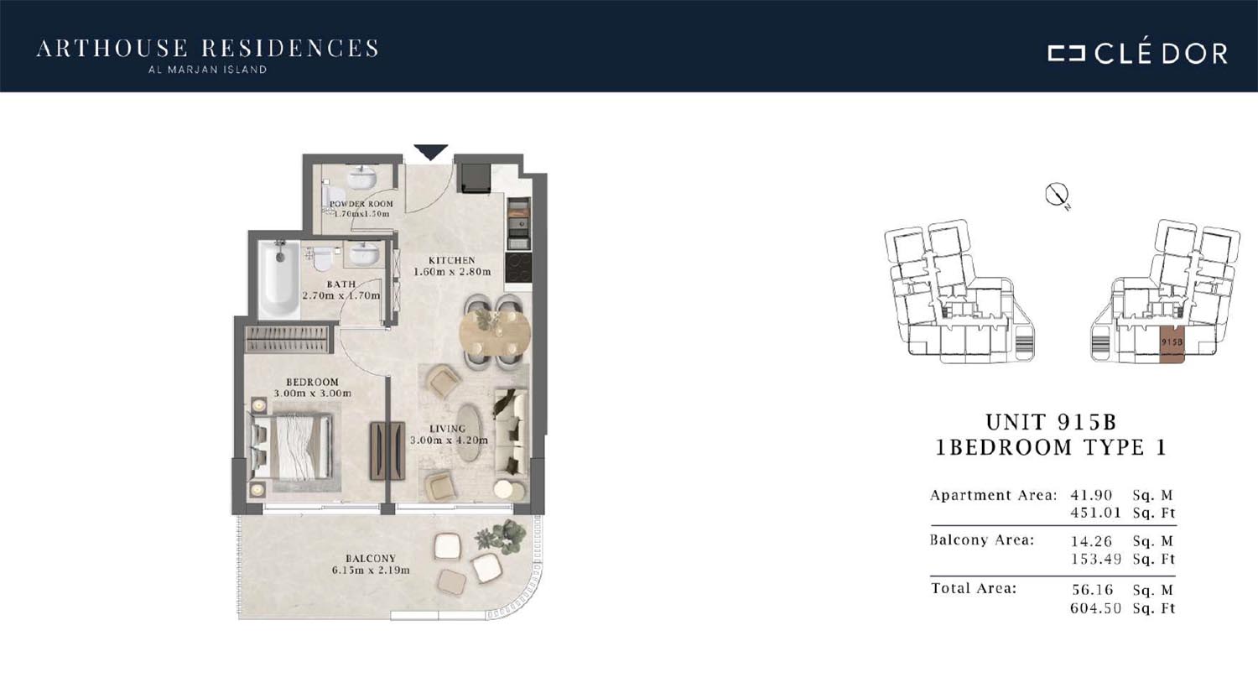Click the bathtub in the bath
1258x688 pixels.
coord(279,279)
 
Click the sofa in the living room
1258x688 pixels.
coord(511,430)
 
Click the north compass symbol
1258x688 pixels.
coord(1057,195)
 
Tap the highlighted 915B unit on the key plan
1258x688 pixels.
coord(1172,344)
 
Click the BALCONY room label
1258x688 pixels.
coord(371,558)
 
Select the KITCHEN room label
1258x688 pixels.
coord(451,260)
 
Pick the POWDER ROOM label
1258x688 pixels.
coord(361,204)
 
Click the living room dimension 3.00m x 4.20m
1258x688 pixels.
coord(449,440)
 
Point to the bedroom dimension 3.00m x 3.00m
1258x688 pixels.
coord(312,394)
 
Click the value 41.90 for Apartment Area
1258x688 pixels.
coord(1091,495)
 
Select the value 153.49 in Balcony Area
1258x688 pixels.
coord(1095,559)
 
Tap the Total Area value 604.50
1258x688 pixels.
coord(1095,608)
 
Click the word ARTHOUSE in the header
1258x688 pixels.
coord(112,49)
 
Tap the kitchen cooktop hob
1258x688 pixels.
coord(517,268)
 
